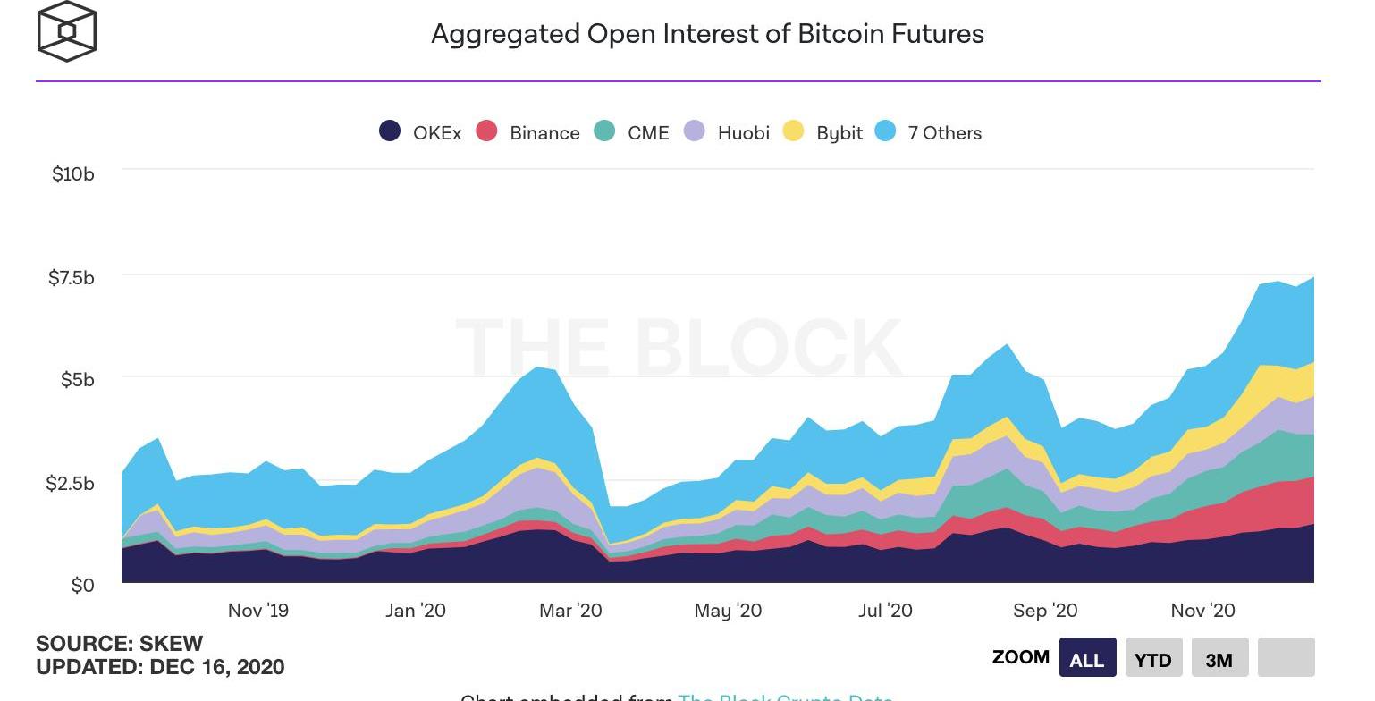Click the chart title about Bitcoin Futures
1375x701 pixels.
click(707, 34)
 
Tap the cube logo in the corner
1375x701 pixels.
click(67, 31)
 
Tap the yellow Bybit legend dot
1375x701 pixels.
click(793, 131)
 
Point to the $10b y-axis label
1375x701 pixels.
click(72, 174)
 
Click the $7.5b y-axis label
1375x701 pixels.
click(71, 278)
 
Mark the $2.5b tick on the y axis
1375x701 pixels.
click(71, 484)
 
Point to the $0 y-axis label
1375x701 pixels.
click(82, 586)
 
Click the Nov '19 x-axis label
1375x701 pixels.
click(257, 611)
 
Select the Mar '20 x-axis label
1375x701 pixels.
click(570, 611)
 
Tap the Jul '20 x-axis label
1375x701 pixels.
click(885, 611)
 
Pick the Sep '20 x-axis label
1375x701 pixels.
click(1044, 611)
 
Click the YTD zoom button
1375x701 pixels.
click(1153, 658)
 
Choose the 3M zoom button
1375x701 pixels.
click(1219, 658)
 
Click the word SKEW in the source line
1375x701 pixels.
click(172, 644)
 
